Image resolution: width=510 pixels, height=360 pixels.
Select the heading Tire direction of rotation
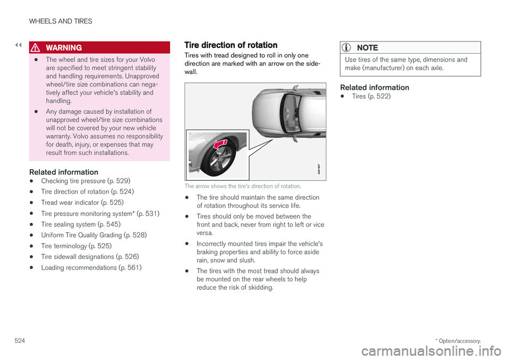pyautogui.click(x=230, y=45)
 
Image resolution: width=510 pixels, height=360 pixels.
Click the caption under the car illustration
pyautogui.click(x=243, y=187)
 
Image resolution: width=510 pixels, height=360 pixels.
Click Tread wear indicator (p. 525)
pyautogui.click(x=82, y=203)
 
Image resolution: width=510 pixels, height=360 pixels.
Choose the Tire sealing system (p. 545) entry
pyautogui.click(x=80, y=224)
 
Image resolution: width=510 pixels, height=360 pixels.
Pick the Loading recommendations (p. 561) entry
pyautogui.click(x=91, y=267)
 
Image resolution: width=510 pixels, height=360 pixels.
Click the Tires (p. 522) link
pyautogui.click(x=371, y=96)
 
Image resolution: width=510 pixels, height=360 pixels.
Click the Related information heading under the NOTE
pyautogui.click(x=374, y=87)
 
